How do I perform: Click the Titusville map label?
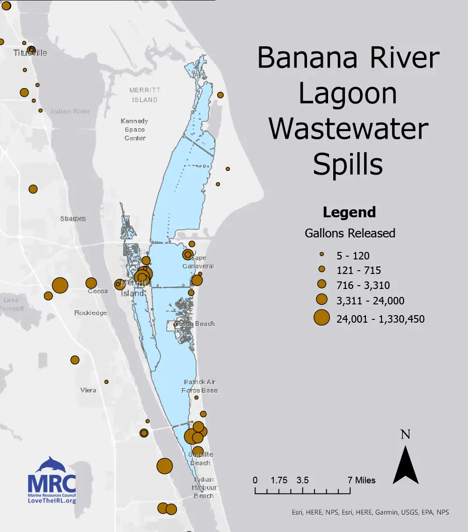tap(30, 53)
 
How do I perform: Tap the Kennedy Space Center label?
tap(135, 130)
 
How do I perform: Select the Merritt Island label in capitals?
tap(145, 95)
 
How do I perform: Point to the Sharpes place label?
tap(73, 219)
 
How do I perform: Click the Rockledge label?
tap(91, 313)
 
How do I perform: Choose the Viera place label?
tap(88, 390)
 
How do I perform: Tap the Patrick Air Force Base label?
tap(200, 386)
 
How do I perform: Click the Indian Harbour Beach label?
tap(204, 488)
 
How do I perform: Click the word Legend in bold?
tap(349, 212)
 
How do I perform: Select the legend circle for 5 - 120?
tap(322, 255)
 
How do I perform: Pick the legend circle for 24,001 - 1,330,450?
tap(322, 318)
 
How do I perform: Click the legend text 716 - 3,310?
tap(363, 285)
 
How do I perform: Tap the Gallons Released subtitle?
tap(350, 233)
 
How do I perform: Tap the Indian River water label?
tap(71, 111)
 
